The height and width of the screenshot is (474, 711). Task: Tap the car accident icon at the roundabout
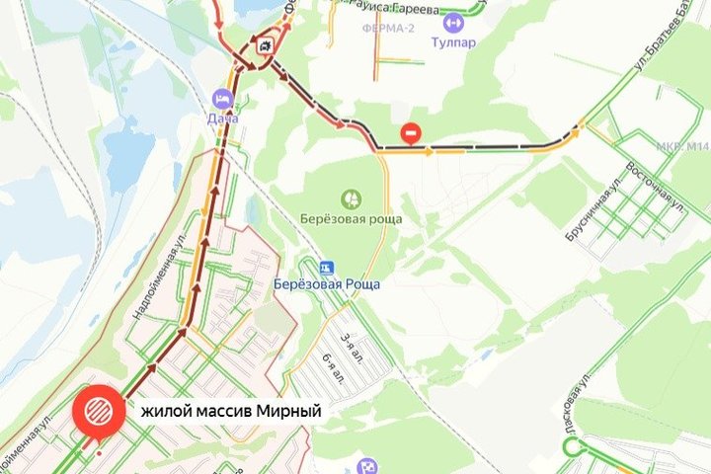pyautogui.click(x=265, y=45)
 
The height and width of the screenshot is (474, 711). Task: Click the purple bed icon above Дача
pyautogui.click(x=222, y=99)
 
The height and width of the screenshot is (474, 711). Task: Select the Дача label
pyautogui.click(x=222, y=119)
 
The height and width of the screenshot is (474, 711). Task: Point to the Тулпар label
pyautogui.click(x=452, y=42)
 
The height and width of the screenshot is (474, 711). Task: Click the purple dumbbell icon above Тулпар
pyautogui.click(x=453, y=22)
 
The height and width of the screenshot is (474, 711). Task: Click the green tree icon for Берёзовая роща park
pyautogui.click(x=351, y=197)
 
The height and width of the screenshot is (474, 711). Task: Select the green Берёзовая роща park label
pyautogui.click(x=351, y=218)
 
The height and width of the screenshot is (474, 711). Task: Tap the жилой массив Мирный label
pyautogui.click(x=231, y=410)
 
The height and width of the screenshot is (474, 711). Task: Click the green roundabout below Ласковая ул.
pyautogui.click(x=569, y=446)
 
